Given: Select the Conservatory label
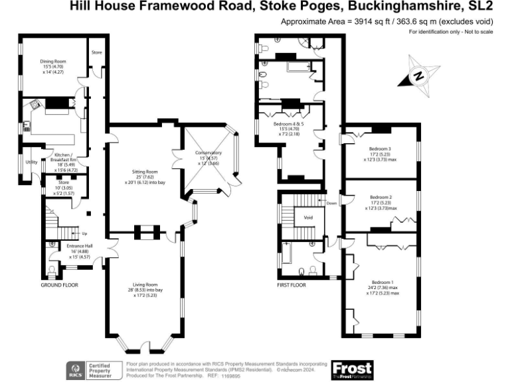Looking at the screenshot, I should [x=208, y=154].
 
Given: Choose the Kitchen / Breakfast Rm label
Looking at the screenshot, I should [x=65, y=158].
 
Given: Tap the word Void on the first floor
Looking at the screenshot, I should [x=308, y=217].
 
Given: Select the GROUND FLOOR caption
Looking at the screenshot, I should [x=59, y=285].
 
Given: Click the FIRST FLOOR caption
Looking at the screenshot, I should [x=292, y=285].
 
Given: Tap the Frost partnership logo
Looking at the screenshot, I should [x=352, y=369].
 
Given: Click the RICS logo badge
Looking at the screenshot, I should [x=75, y=369].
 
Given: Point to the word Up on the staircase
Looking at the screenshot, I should [x=84, y=233].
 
